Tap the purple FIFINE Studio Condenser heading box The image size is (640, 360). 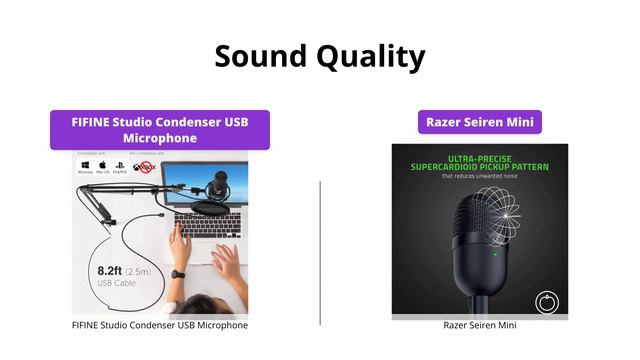coord(160,129)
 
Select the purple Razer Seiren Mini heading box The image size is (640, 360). coord(480,122)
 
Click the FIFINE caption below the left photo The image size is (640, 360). coord(160,325)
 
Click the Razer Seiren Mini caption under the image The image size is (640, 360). coord(480,325)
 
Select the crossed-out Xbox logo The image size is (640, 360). coord(143,167)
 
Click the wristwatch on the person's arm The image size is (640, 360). coord(177,273)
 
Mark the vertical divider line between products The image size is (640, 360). coord(320,252)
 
